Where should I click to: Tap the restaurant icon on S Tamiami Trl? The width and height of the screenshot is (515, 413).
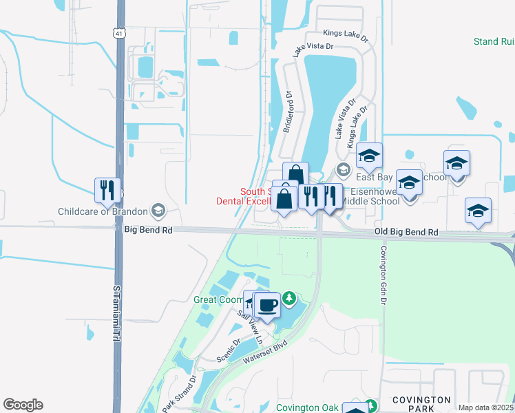coord(107,190)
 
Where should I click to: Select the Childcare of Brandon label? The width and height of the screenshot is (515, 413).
coord(103,211)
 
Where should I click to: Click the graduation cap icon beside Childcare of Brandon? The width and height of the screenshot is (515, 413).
coord(158,210)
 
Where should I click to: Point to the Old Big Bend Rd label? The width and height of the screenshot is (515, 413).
coord(406,233)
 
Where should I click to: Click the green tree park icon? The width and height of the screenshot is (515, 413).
coord(290,298)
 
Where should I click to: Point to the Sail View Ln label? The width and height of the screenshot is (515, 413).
coord(250,327)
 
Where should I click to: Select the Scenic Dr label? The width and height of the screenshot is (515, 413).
coord(229,350)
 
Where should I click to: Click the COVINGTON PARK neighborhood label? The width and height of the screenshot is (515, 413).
coord(421,404)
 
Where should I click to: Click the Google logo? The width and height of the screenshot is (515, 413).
coord(23,405)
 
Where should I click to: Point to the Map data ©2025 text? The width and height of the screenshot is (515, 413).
coord(485,407)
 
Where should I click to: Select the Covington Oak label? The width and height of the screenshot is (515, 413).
coord(303,407)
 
